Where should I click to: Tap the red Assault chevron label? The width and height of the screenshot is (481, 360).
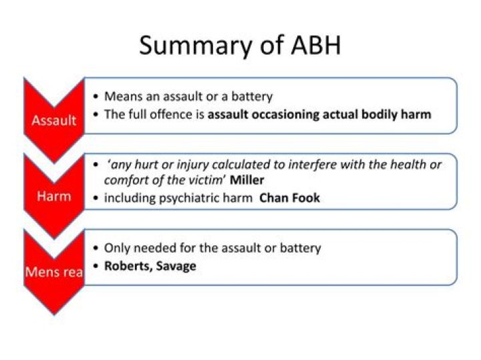(x=53, y=121)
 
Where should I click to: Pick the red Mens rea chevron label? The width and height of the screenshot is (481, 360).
(x=54, y=273)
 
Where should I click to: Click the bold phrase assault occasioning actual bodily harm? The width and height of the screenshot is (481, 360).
(x=319, y=114)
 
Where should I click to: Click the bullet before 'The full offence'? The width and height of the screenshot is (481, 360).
(x=97, y=114)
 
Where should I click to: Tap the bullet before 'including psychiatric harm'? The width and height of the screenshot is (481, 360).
(x=97, y=198)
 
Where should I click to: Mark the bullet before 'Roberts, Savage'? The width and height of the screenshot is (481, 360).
(x=97, y=266)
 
